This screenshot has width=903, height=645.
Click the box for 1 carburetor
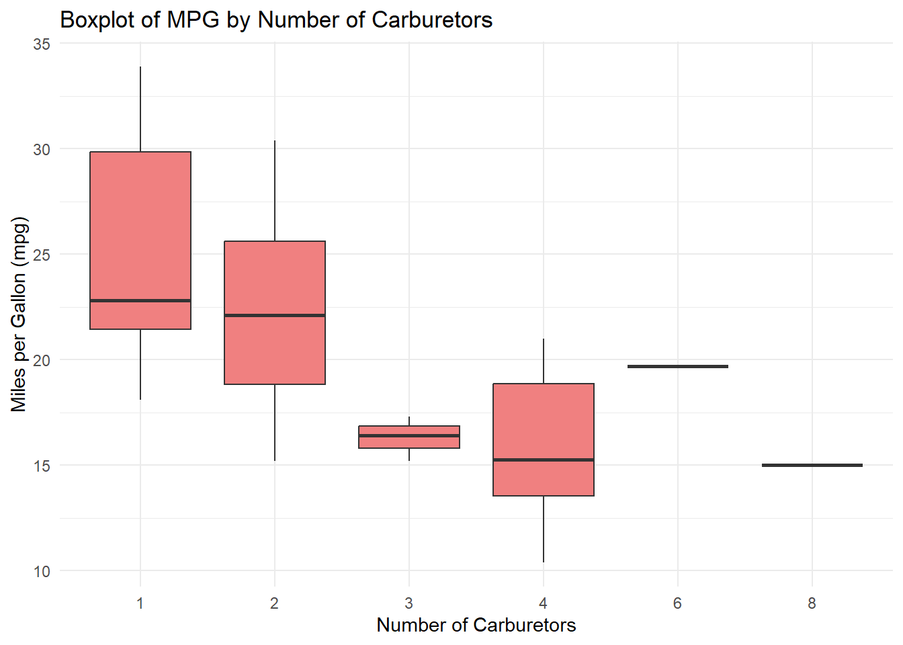[x=140, y=228]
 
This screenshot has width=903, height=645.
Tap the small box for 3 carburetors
[x=409, y=442]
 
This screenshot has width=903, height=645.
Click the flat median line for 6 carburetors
[x=678, y=366]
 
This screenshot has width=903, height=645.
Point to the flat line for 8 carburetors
[x=812, y=465]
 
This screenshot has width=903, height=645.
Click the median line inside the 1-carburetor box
[x=140, y=300]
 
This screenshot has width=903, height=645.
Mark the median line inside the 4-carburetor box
[x=544, y=460]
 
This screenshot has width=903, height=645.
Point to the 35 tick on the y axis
[x=42, y=44]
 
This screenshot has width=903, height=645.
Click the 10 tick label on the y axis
[x=42, y=572]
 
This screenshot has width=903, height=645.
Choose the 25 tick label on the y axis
[x=42, y=255]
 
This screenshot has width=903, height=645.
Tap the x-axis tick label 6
[x=677, y=603]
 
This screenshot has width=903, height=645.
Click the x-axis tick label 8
[x=812, y=603]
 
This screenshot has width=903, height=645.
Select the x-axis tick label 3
[x=408, y=603]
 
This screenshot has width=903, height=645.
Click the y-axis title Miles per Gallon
[x=19, y=314]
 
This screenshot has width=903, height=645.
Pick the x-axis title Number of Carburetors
[x=476, y=626]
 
